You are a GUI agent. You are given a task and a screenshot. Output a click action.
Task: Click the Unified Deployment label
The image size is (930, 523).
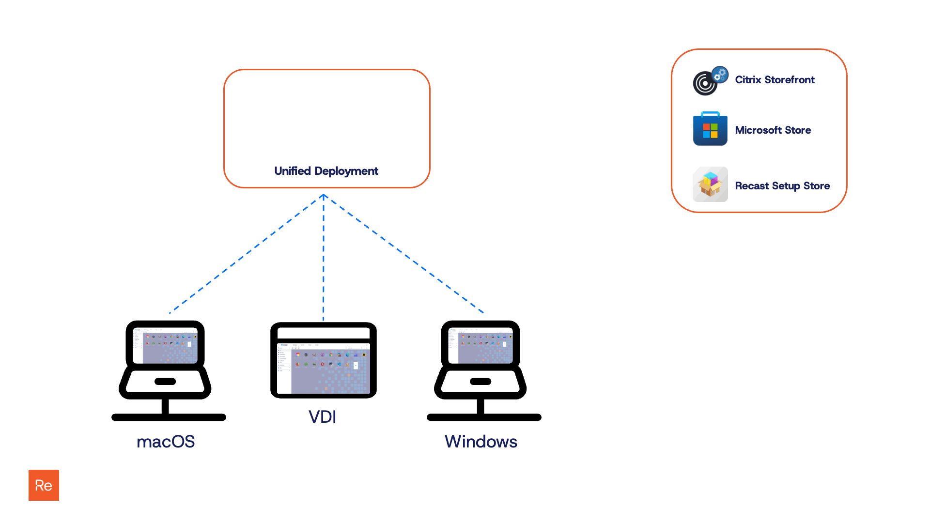coord(326,171)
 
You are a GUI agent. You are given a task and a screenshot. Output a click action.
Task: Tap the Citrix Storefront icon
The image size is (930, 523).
coord(710,81)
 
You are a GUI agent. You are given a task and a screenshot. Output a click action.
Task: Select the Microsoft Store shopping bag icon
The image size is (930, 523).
coord(710,129)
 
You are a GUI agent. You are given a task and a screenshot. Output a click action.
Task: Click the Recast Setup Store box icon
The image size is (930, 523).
coord(710,185)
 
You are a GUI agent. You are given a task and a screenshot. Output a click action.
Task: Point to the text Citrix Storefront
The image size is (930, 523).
coord(775,80)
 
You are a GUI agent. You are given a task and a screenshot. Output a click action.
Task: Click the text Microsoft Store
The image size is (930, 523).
coord(773,130)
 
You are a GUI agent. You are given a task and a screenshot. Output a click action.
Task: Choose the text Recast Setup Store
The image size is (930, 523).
coord(782,186)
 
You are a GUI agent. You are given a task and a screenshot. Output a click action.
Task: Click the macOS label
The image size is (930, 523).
coord(166,442)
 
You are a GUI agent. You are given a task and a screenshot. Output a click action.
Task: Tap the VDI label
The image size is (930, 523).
coord(322,417)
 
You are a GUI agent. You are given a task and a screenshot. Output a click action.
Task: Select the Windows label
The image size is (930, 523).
coord(480,442)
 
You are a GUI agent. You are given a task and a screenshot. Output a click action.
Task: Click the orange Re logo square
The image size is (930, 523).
coord(44,485)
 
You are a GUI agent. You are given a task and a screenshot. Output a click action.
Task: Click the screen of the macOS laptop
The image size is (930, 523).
coord(165,345)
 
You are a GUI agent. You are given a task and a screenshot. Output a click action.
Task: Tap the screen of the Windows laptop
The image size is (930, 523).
coord(480,345)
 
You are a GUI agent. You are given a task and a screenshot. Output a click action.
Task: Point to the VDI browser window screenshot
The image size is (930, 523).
coord(324,368)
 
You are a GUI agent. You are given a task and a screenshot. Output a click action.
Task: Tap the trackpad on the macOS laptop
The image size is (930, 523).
coord(165,382)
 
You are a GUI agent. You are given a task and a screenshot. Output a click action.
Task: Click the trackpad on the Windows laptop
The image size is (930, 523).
coord(480,382)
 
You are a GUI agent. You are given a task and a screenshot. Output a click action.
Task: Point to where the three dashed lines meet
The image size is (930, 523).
coord(324,195)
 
